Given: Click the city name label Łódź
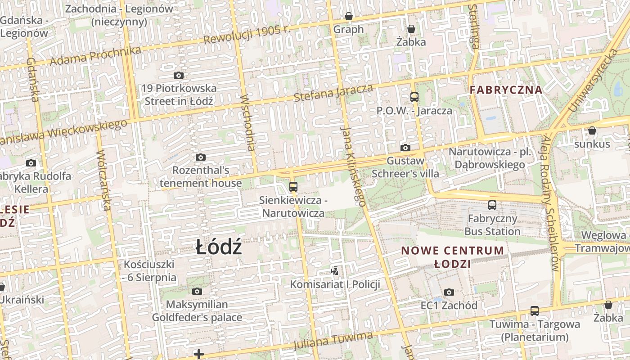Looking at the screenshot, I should point(219,247).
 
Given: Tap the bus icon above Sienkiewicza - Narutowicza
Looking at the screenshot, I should point(293,186).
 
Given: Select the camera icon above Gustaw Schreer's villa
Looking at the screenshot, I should point(405,148).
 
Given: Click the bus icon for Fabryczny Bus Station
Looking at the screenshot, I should point(492,205).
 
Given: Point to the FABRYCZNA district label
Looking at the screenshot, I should point(506,90).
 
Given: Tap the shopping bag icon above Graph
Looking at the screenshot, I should point(349,17).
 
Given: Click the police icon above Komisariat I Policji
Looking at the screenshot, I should point(334,271).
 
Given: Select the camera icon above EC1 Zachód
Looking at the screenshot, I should point(449,292).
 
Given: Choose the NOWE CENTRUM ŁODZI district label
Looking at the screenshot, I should point(452,257).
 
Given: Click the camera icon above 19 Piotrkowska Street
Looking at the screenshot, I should point(179,75).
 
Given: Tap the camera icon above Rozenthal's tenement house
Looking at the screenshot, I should point(201,157).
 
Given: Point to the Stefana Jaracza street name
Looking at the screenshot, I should point(333,92).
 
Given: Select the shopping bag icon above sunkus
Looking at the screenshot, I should point(592,131).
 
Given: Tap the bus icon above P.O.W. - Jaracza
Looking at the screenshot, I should point(414,97).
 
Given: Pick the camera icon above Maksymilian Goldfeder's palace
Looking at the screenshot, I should point(197,291).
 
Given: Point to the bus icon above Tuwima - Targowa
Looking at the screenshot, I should point(535,311).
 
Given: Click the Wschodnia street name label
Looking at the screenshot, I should point(248,122).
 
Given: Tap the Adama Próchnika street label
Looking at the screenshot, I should point(95,55).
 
